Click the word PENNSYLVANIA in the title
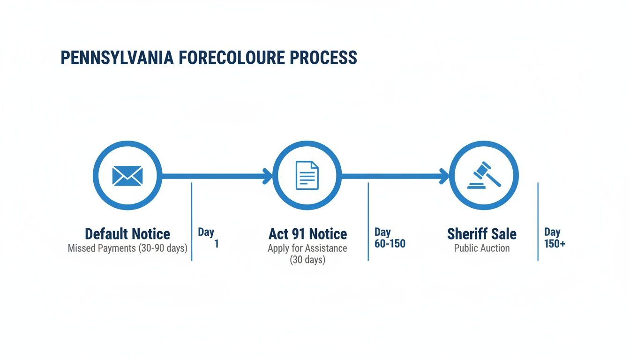115,58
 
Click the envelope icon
127,176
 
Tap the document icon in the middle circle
307,176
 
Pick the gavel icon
484,175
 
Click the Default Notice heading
127,233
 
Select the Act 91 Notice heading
307,233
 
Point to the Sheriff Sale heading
481,233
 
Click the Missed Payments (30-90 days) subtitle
127,248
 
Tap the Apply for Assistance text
307,248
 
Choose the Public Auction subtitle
481,248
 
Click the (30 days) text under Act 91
307,259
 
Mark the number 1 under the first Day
216,244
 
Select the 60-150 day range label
390,244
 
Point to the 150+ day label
555,244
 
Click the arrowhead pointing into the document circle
268,176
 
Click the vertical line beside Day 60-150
368,221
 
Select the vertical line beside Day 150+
538,221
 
